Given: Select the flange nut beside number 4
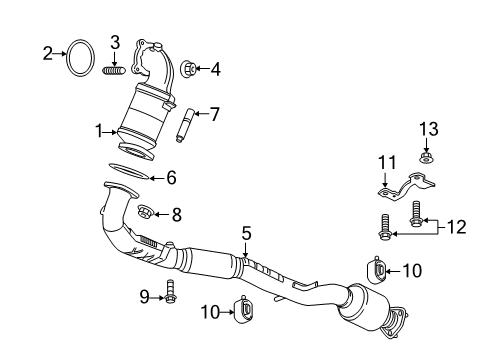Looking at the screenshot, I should tap(189, 69).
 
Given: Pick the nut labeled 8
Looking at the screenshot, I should tap(145, 212).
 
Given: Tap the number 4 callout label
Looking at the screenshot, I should tap(217, 69).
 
